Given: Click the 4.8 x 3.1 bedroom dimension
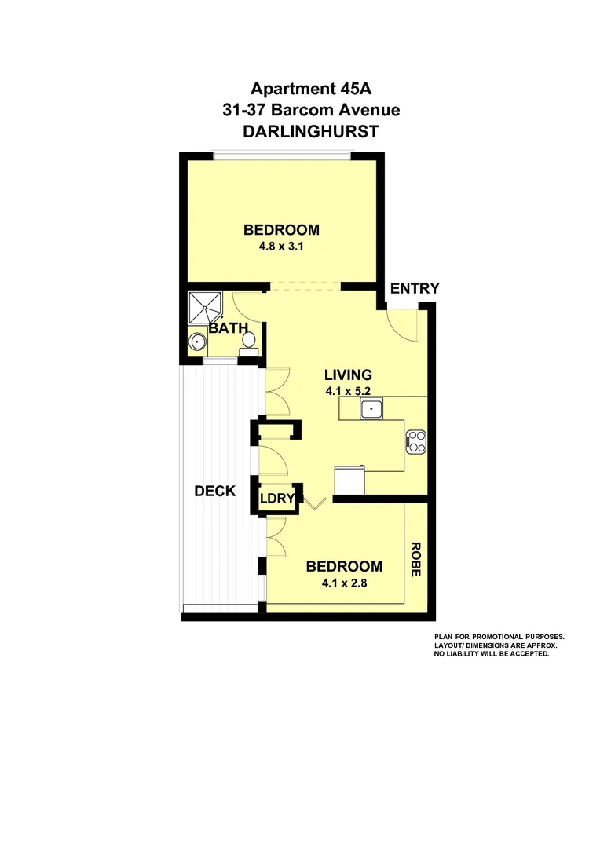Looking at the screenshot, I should point(280,245).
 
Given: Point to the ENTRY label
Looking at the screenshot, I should point(414,289).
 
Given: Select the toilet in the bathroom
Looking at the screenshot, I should point(248,342).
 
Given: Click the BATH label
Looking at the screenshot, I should point(228,327).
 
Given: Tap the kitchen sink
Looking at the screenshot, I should point(370,408).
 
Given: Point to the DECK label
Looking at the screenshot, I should point(214,492).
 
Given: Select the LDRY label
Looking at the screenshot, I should point(277,499).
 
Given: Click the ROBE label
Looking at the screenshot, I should point(415,559).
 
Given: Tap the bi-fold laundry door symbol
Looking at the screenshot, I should point(314,503).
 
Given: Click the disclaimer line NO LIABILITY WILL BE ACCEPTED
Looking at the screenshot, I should point(491,653).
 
